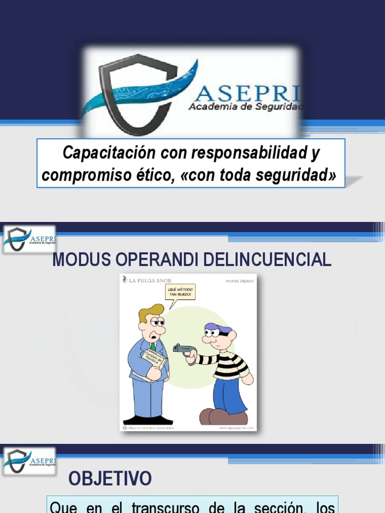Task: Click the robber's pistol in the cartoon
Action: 180,349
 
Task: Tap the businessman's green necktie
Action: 153,346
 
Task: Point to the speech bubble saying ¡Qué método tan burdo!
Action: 179,293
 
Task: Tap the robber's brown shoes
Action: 223,416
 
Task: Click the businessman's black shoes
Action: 148,420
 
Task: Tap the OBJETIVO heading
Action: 110,479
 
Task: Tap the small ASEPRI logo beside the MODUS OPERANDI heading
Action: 30,239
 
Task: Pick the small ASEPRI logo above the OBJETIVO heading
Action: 30,460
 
